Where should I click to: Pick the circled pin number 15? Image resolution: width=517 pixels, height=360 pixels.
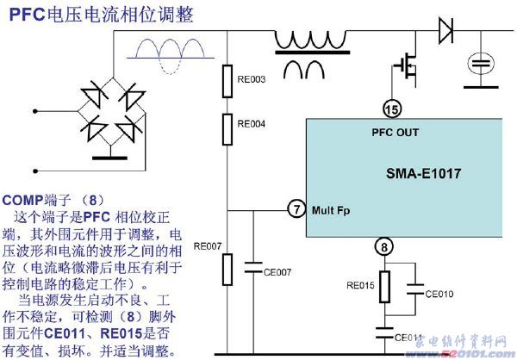coord(391,109)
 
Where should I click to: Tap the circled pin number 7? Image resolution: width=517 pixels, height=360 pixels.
coord(296,209)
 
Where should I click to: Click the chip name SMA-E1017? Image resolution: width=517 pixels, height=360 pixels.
coord(424,173)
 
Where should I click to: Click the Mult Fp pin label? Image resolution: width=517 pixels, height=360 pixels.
coord(331,209)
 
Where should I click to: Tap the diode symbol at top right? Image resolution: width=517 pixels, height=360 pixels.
coord(445,31)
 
